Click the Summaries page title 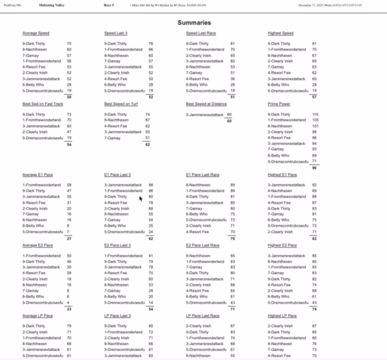[x=193, y=23]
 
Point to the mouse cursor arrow [x=141, y=198]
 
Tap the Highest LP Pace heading [x=283, y=315]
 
